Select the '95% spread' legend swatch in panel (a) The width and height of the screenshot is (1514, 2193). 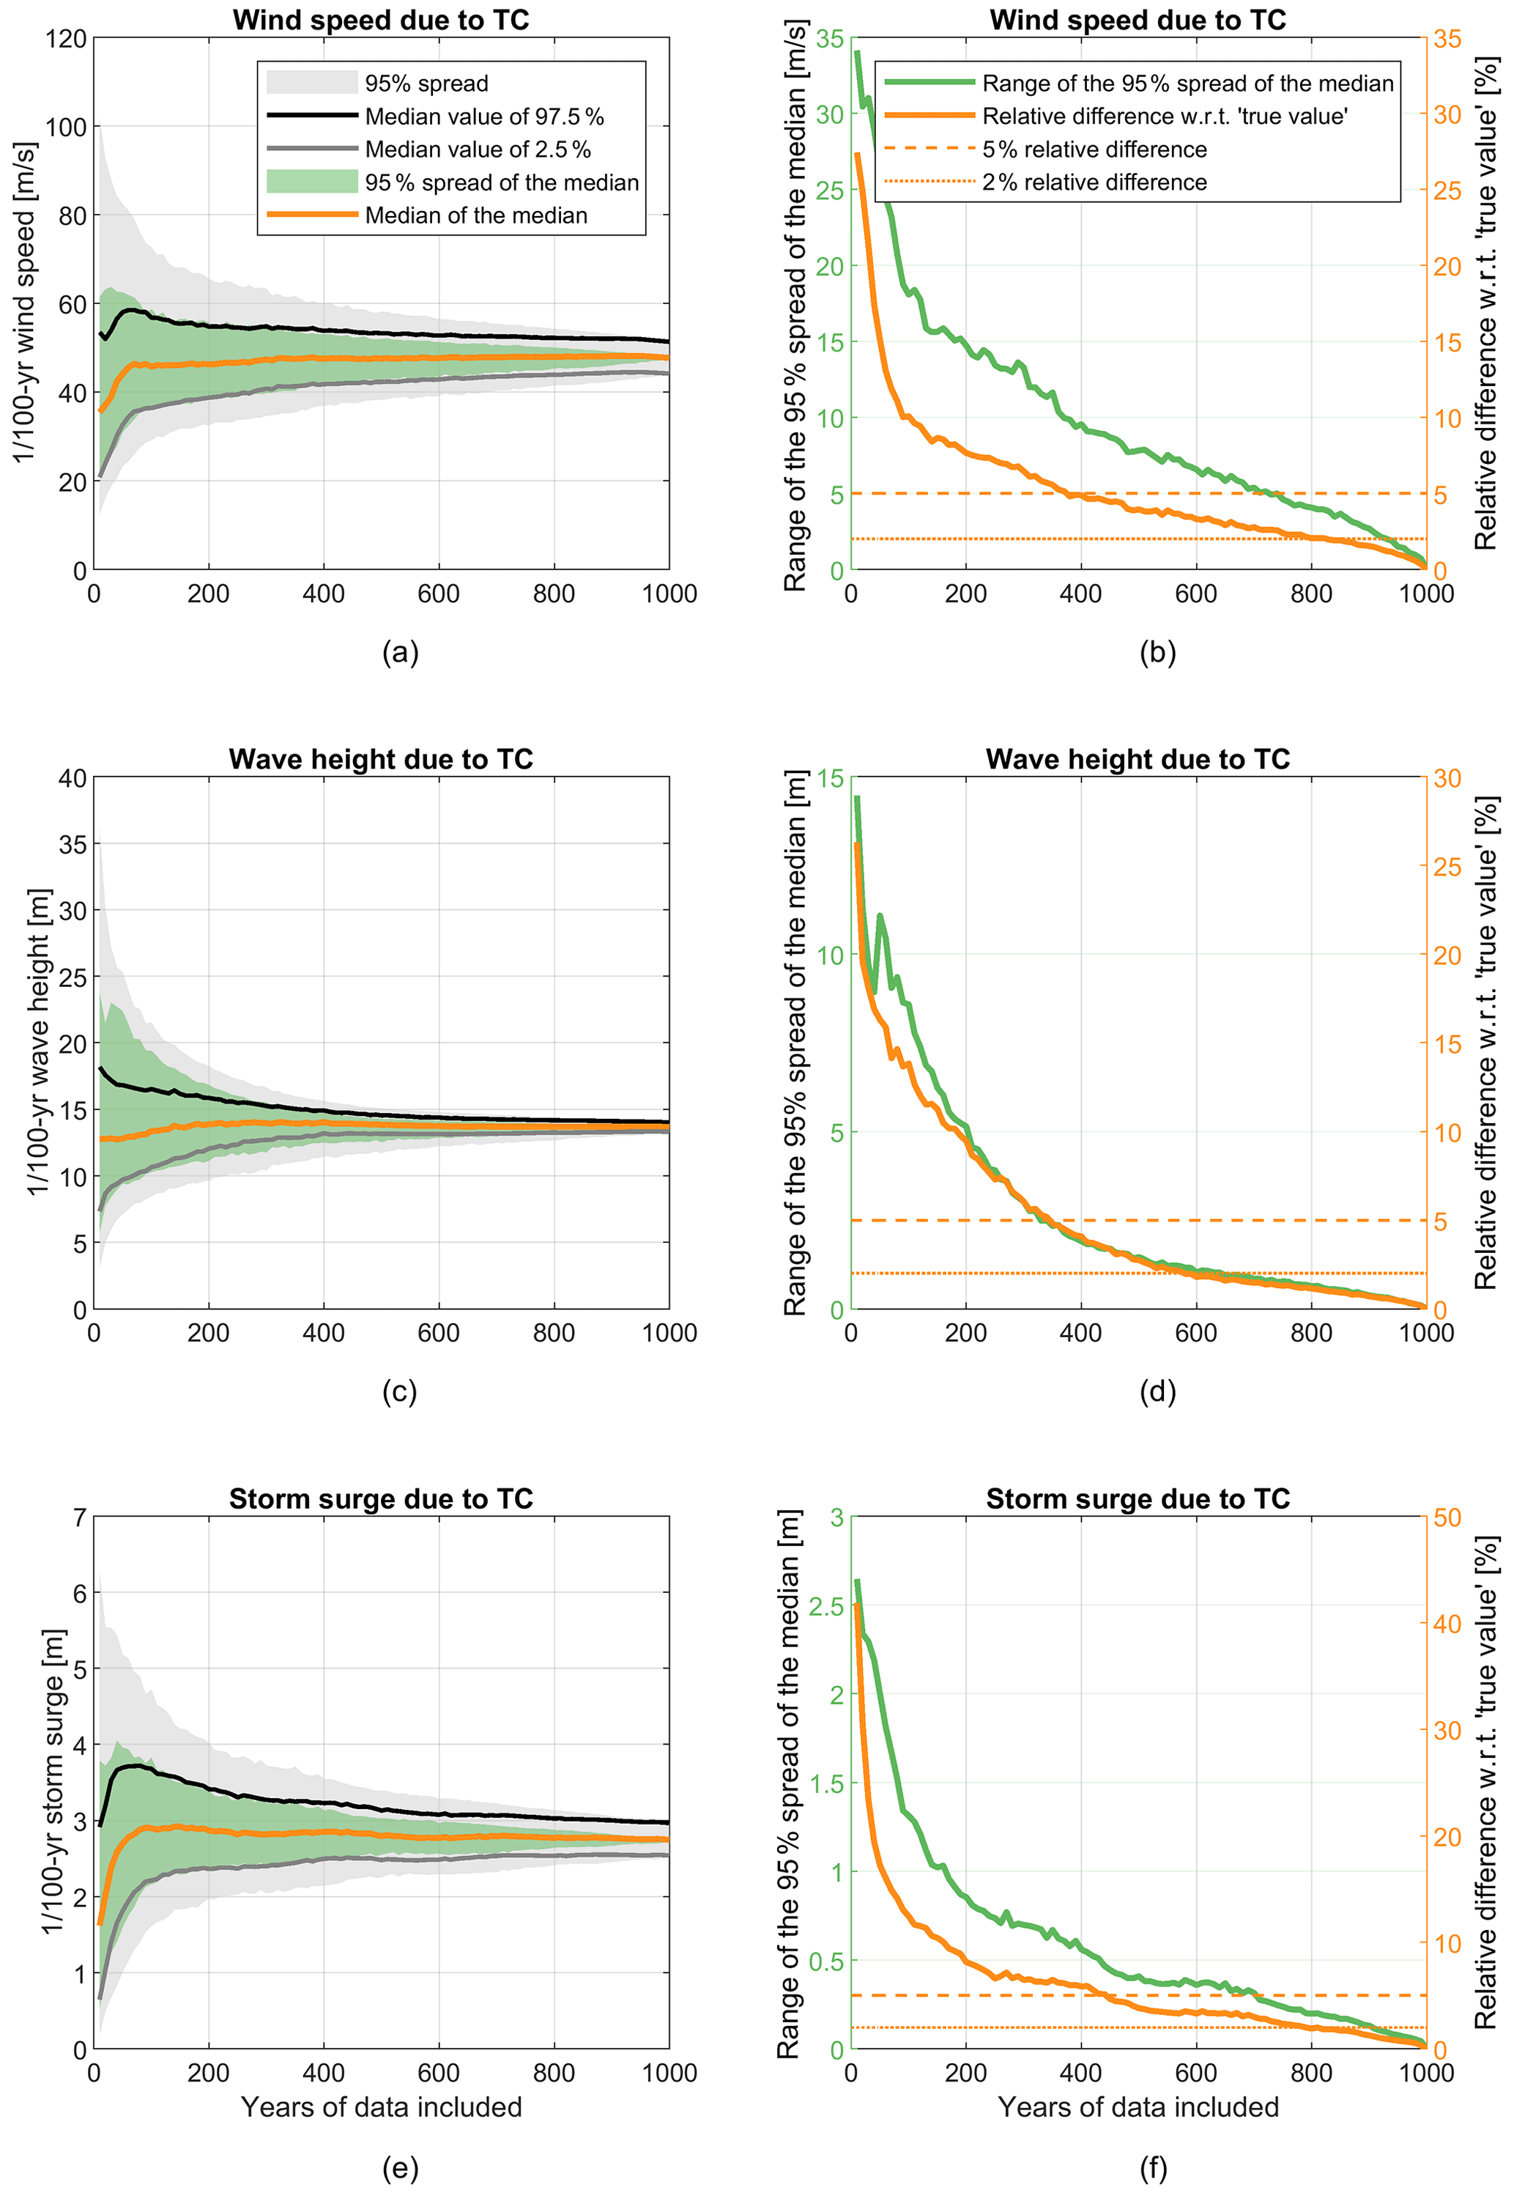[311, 84]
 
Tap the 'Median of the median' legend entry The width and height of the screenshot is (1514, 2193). [475, 215]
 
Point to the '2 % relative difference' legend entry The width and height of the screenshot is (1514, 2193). [1094, 182]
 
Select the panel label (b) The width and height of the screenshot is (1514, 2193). [1157, 652]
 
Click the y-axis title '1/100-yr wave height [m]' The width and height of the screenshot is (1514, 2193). [37, 1042]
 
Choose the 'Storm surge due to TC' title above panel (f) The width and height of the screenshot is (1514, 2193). [1138, 1498]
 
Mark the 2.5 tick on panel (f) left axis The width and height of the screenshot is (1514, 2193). [825, 1607]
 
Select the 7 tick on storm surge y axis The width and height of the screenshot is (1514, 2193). [78, 1517]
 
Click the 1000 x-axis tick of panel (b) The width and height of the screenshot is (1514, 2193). [1426, 594]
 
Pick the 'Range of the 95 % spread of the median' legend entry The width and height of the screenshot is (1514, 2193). [1187, 84]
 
